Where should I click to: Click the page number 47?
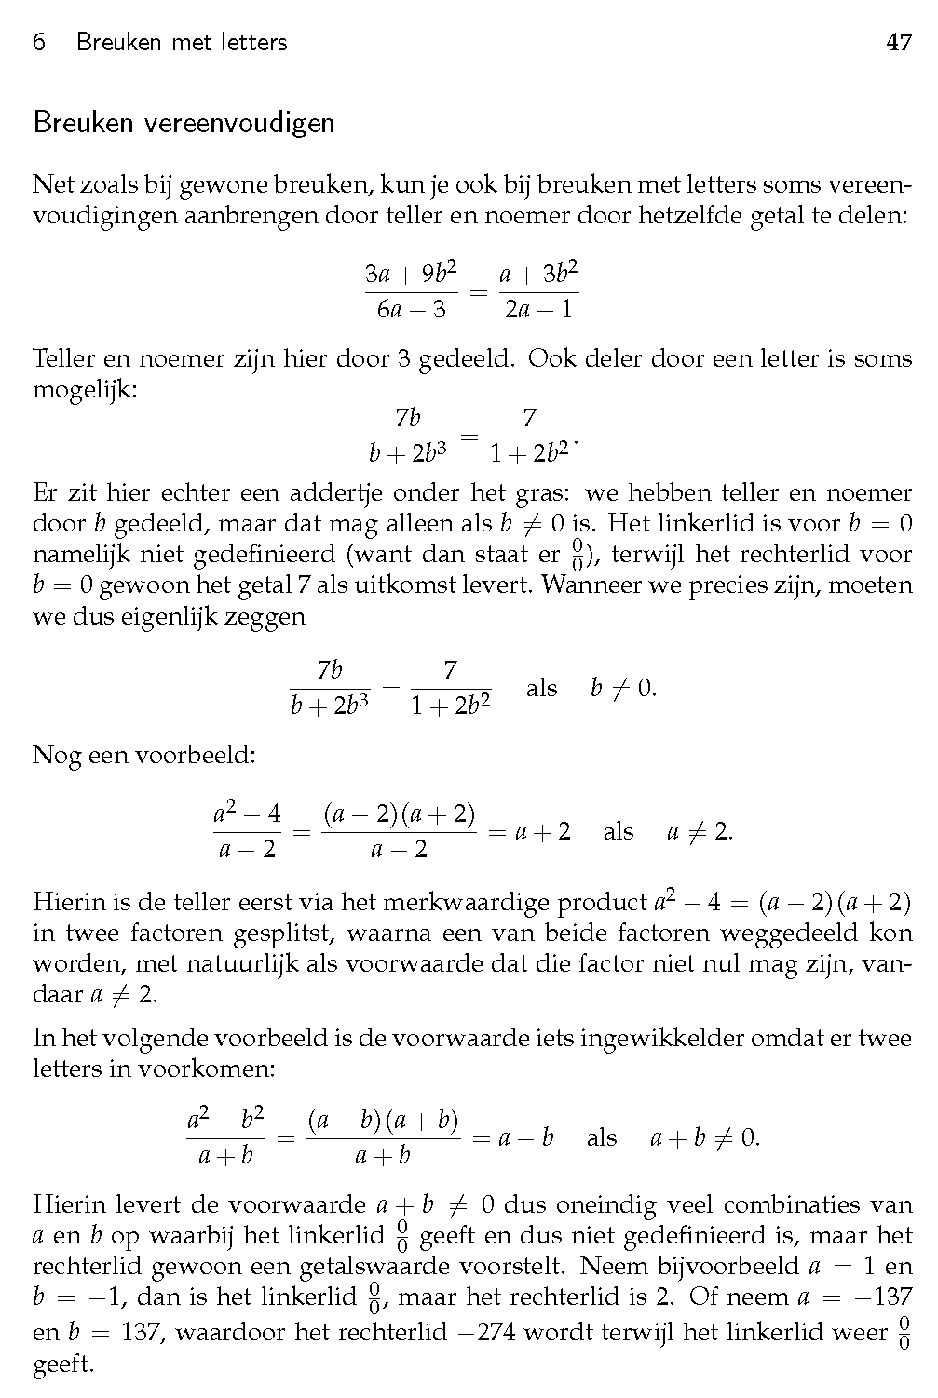pyautogui.click(x=899, y=42)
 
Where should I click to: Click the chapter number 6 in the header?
pyautogui.click(x=39, y=42)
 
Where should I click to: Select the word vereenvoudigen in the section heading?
pyautogui.click(x=239, y=123)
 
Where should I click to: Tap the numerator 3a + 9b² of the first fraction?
pyautogui.click(x=411, y=274)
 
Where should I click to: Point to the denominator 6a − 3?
pyautogui.click(x=411, y=309)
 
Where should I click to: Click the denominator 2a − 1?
pyautogui.click(x=538, y=309)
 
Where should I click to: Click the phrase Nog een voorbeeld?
pyautogui.click(x=144, y=754)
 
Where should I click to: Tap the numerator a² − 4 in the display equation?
pyautogui.click(x=247, y=813)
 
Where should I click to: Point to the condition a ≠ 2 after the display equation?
pyautogui.click(x=700, y=832)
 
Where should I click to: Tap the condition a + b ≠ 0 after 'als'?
pyautogui.click(x=704, y=1137)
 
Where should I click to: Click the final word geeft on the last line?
pyautogui.click(x=62, y=1364)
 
